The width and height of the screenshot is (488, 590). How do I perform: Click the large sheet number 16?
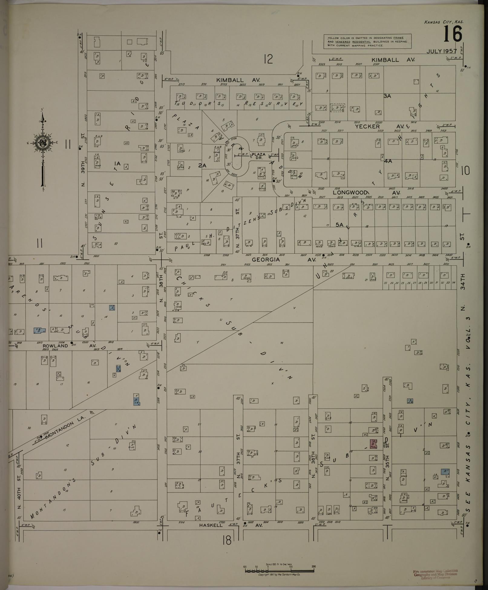point(453,34)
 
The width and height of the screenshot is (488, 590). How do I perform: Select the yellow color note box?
point(368,41)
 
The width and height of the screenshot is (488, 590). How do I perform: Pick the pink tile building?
point(373,444)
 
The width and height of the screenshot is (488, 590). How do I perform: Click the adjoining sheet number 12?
point(268,59)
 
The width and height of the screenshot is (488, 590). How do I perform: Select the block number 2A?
point(202,165)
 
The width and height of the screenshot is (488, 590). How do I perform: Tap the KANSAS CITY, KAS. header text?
point(444,22)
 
